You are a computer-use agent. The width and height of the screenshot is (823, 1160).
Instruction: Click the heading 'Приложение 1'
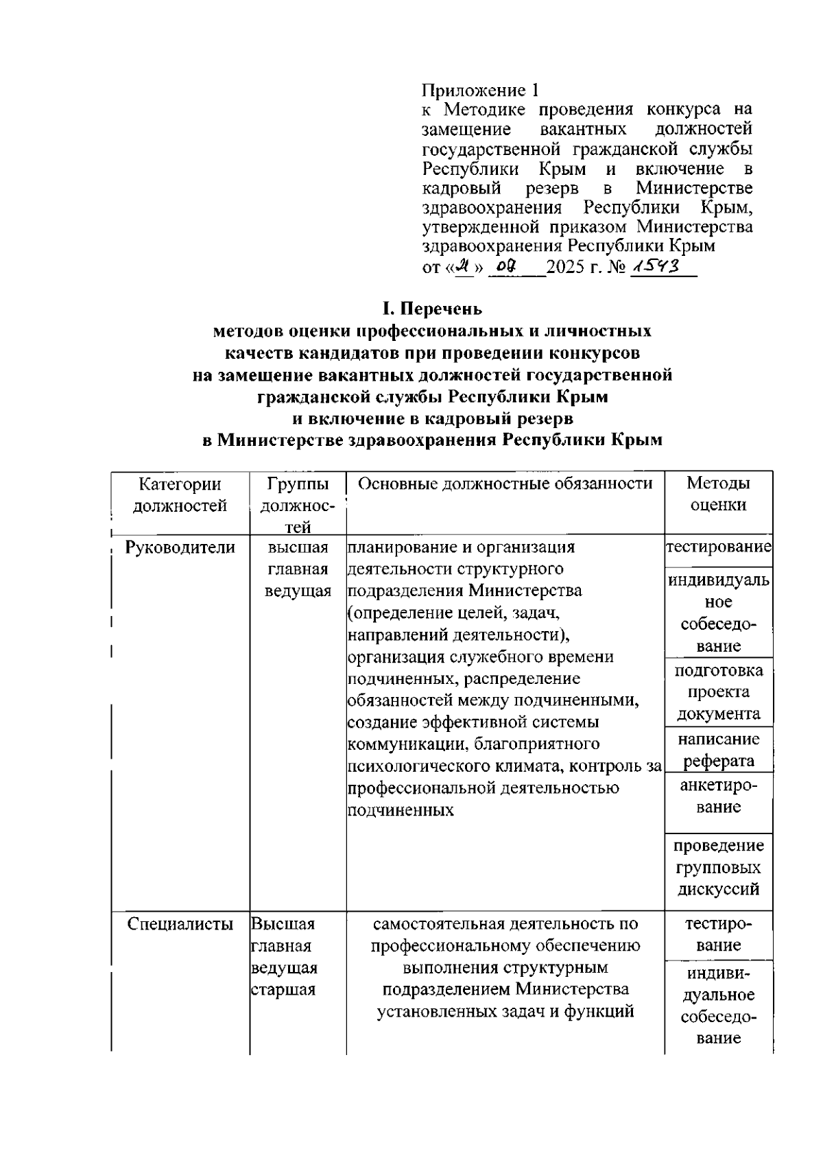click(481, 90)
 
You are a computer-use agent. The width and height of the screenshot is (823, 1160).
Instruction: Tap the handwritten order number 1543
click(656, 265)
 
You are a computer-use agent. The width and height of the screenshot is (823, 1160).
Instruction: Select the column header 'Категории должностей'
click(180, 495)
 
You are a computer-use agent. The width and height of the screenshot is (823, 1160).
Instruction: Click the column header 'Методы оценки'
click(718, 494)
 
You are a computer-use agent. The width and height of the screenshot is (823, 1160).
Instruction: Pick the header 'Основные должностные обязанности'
click(505, 484)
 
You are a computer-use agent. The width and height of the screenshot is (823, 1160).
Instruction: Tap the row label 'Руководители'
click(180, 547)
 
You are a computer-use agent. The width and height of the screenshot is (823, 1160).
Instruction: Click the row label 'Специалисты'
click(180, 924)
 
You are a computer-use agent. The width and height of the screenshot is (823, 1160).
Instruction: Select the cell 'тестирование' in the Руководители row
click(718, 547)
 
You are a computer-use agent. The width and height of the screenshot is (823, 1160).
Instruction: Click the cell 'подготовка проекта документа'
click(718, 691)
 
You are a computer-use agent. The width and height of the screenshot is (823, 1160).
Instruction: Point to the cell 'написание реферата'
click(718, 750)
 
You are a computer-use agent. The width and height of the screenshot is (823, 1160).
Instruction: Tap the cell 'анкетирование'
click(718, 796)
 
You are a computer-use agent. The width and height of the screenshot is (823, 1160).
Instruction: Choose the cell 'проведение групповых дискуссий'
click(718, 867)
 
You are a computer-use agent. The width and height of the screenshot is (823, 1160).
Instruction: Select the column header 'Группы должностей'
click(298, 505)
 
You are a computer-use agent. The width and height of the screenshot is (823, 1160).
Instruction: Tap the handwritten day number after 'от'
click(465, 265)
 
